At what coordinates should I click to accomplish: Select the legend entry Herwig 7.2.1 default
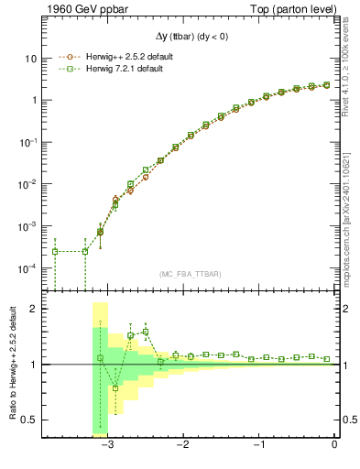[118, 70]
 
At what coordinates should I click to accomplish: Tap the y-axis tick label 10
[30, 58]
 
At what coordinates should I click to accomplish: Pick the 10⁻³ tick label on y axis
[27, 226]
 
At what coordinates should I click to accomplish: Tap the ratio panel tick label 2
[33, 309]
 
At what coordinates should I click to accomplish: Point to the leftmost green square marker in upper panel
[55, 251]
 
